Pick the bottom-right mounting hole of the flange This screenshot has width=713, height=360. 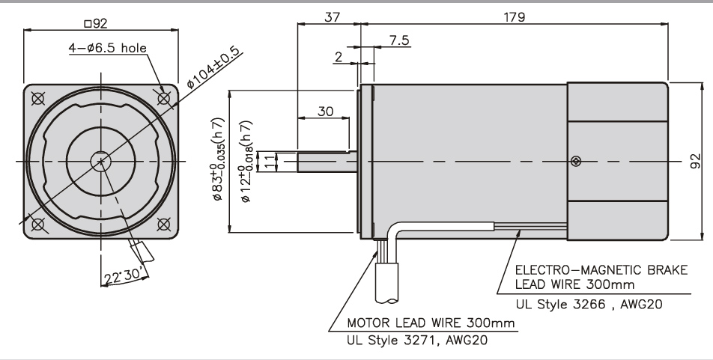click(x=164, y=223)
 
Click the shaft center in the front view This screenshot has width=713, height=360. click(x=100, y=160)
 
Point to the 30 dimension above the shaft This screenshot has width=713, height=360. click(x=324, y=111)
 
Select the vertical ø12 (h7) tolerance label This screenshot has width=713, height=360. click(x=245, y=159)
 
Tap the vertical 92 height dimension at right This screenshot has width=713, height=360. click(x=695, y=161)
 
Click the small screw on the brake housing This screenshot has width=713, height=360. click(x=575, y=161)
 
